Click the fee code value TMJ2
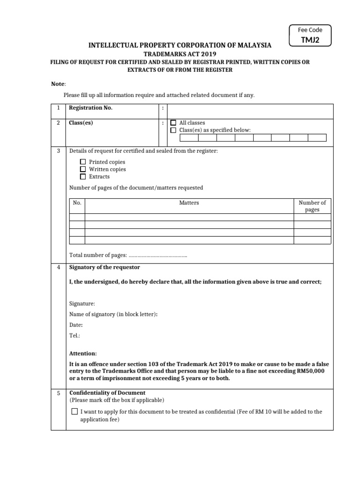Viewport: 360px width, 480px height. pyautogui.click(x=309, y=40)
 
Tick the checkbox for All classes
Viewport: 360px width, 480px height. pyautogui.click(x=173, y=123)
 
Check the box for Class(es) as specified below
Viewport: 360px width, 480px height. pyautogui.click(x=173, y=130)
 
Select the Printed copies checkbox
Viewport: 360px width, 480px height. pyautogui.click(x=83, y=162)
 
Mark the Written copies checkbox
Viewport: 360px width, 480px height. pyautogui.click(x=83, y=169)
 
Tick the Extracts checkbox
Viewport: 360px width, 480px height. pyautogui.click(x=83, y=177)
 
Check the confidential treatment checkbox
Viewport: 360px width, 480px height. pyautogui.click(x=75, y=412)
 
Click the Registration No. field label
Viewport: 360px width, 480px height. pyautogui.click(x=90, y=108)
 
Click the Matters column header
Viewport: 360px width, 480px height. pyautogui.click(x=189, y=203)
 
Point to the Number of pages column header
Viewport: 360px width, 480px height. pyautogui.click(x=312, y=206)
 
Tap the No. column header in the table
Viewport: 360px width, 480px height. pyautogui.click(x=77, y=203)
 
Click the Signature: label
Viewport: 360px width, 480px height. pyautogui.click(x=82, y=304)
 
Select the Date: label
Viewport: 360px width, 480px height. pyautogui.click(x=76, y=325)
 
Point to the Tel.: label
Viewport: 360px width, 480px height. pyautogui.click(x=75, y=336)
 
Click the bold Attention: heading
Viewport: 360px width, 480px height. pyautogui.click(x=83, y=353)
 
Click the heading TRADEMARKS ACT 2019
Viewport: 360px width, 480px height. pyautogui.click(x=180, y=54)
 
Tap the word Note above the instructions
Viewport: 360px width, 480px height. pyautogui.click(x=58, y=83)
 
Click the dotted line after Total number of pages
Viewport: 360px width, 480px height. pyautogui.click(x=157, y=255)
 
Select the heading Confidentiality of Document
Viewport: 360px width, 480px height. pyautogui.click(x=107, y=393)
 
